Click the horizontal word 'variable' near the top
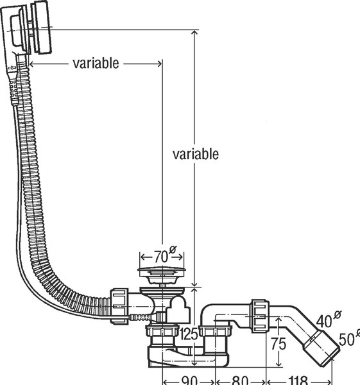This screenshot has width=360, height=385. click(x=96, y=64)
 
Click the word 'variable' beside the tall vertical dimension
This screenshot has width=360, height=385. click(x=196, y=154)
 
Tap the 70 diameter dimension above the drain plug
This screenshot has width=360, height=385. click(x=161, y=257)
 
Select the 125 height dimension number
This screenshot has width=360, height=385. click(x=189, y=334)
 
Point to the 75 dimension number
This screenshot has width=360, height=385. click(x=279, y=343)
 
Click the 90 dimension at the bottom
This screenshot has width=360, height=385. click(x=189, y=381)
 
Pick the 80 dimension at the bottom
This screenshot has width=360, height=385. click(x=239, y=381)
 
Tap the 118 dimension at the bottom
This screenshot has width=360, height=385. click(x=298, y=381)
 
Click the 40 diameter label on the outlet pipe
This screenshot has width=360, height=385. click(x=324, y=321)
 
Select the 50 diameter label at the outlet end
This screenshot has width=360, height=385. click(x=347, y=339)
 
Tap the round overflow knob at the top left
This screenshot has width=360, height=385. click(x=42, y=27)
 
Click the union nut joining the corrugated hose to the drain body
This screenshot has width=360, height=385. click(x=119, y=306)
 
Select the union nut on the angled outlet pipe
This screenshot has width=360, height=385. click(x=260, y=316)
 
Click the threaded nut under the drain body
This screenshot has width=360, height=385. click(x=162, y=330)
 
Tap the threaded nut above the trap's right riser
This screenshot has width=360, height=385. click(x=215, y=330)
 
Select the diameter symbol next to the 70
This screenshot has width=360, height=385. click(x=173, y=250)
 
